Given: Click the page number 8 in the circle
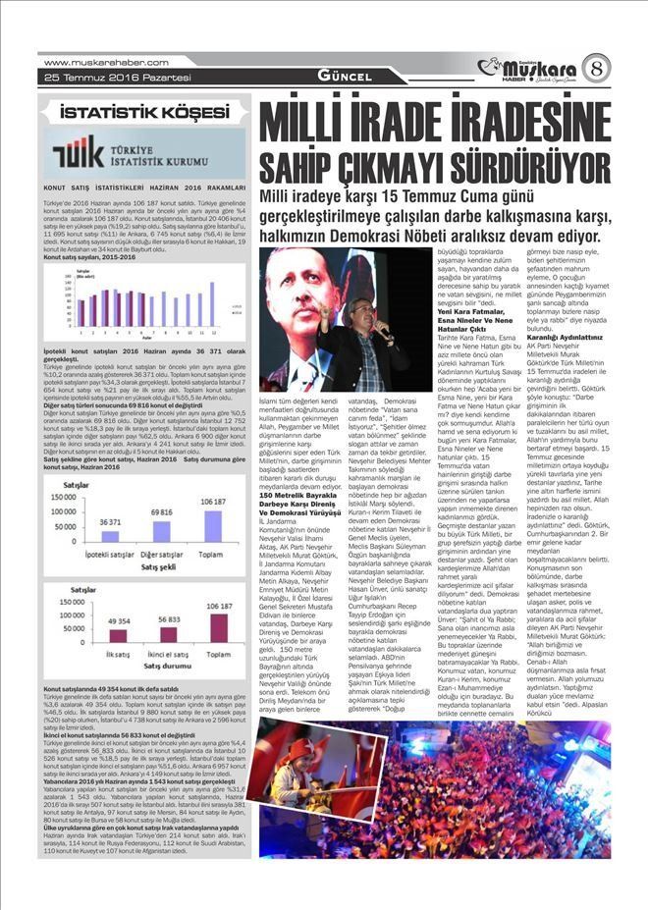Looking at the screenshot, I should click(x=595, y=70).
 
